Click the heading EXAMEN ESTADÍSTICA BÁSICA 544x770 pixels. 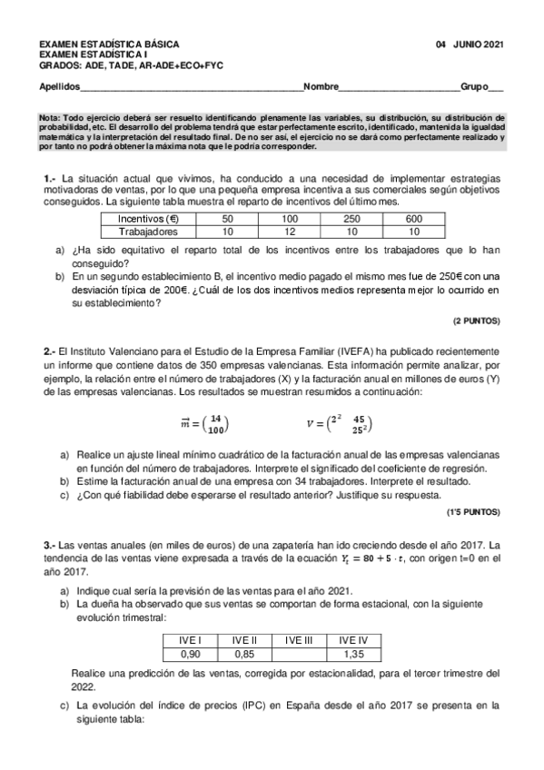pos(109,44)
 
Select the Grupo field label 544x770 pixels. pos(476,87)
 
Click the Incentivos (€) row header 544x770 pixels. pos(153,219)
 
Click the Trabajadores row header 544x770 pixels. pos(153,232)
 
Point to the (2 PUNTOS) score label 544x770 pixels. pos(477,321)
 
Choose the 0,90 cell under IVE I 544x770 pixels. pos(191,653)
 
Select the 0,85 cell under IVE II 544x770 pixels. pos(244,653)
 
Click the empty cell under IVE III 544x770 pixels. pos(298,653)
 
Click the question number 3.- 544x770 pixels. pos(50,543)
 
